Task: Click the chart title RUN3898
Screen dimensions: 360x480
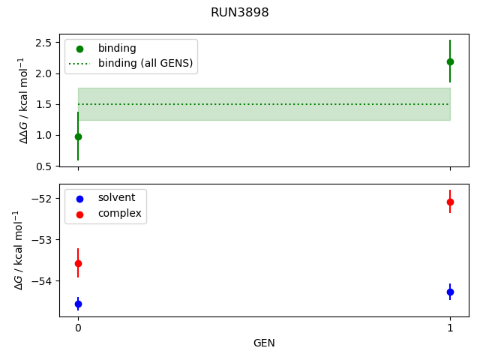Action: pos(239,13)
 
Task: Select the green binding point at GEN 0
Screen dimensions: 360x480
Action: pos(78,136)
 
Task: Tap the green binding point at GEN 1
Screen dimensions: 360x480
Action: pos(450,61)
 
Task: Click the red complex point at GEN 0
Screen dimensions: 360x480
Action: pos(78,263)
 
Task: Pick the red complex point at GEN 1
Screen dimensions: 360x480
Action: pos(450,202)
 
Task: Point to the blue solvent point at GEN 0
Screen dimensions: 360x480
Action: pos(78,304)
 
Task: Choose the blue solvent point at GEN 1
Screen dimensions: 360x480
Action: pos(450,292)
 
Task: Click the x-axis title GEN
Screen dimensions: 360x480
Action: pos(264,343)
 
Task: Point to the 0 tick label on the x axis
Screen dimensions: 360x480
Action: pos(78,328)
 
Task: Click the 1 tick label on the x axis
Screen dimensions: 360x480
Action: pos(450,328)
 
